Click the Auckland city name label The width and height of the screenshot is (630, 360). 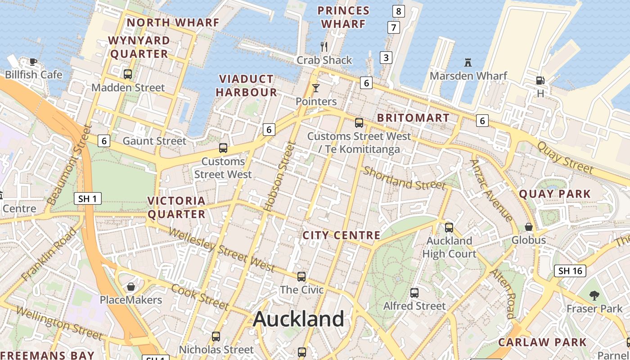point(298,319)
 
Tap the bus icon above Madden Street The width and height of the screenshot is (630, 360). point(128,74)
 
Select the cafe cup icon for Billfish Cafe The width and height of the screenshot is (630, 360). point(33,62)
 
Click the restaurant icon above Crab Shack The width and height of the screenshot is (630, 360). point(324,46)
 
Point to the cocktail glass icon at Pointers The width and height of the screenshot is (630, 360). point(316,88)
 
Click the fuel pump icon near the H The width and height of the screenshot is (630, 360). point(540,81)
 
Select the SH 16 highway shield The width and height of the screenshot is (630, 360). point(570,270)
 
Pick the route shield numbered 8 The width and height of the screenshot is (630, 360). point(398,11)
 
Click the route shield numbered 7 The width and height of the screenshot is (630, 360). point(394,27)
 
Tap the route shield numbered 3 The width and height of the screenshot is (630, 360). point(386,57)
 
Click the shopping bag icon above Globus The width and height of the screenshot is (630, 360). point(529,227)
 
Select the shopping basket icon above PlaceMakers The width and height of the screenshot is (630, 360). point(131,287)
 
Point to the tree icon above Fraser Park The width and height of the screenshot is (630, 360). point(594,296)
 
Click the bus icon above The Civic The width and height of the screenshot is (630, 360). point(301,277)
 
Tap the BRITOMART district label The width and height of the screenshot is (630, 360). point(413,118)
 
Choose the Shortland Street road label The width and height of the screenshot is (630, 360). point(404,178)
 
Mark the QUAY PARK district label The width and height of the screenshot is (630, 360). point(554,194)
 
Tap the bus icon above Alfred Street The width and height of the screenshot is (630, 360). point(414,293)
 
